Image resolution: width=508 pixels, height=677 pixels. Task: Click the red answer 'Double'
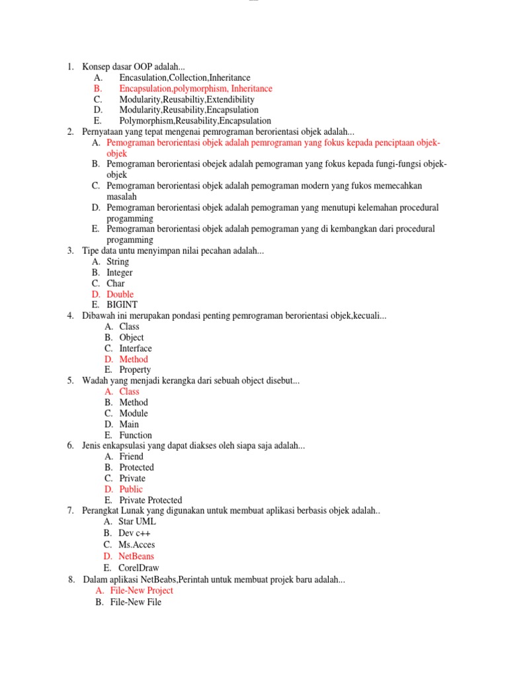pyautogui.click(x=120, y=294)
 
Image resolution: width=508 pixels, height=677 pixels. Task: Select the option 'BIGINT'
pyautogui.click(x=122, y=305)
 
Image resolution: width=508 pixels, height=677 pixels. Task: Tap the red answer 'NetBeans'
pyautogui.click(x=136, y=557)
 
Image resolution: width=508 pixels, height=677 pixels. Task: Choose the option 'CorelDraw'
pyautogui.click(x=138, y=568)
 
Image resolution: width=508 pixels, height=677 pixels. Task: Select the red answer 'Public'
pyautogui.click(x=131, y=489)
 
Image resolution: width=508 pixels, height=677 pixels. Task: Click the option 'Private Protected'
pyautogui.click(x=150, y=500)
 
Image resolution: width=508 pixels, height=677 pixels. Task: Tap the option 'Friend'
pyautogui.click(x=131, y=457)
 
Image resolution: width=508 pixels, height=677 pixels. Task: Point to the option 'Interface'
pyautogui.click(x=135, y=348)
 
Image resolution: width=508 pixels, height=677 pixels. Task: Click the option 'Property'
pyautogui.click(x=135, y=370)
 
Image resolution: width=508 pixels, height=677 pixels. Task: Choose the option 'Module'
pyautogui.click(x=134, y=413)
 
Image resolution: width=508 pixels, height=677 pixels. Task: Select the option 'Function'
pyautogui.click(x=136, y=435)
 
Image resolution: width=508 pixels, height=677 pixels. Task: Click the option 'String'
pyautogui.click(x=118, y=262)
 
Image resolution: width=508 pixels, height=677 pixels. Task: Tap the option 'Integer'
pyautogui.click(x=120, y=272)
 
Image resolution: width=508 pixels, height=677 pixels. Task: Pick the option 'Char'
pyautogui.click(x=116, y=284)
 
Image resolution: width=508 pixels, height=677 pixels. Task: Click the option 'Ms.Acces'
pyautogui.click(x=137, y=545)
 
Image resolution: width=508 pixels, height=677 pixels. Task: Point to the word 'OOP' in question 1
pyautogui.click(x=144, y=67)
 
